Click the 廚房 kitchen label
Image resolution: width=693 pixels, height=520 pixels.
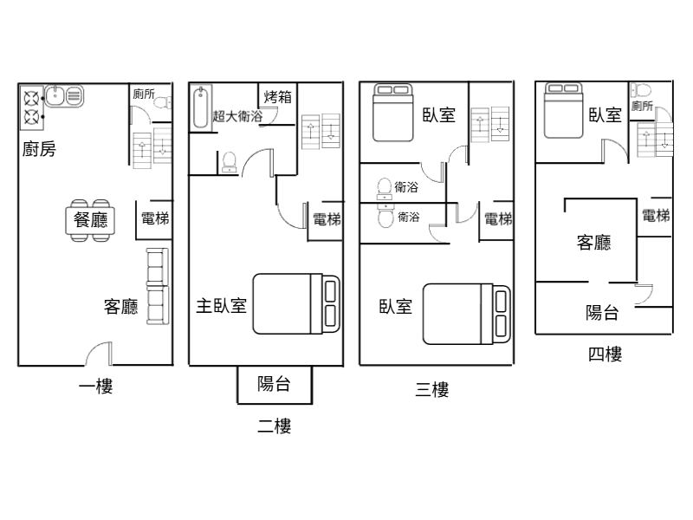click(39, 149)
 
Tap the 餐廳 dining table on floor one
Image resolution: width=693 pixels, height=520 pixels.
click(90, 220)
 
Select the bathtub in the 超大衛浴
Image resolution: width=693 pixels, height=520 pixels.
click(201, 107)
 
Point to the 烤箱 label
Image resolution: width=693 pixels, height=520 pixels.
click(278, 97)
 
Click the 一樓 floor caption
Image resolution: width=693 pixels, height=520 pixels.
click(96, 387)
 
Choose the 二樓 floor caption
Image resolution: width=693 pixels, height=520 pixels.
click(275, 426)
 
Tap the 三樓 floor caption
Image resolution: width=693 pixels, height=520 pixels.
click(432, 389)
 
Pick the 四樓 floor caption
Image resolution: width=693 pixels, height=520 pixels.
click(605, 354)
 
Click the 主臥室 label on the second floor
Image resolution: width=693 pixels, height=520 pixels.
click(222, 306)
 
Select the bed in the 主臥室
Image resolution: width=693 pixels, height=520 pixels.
click(296, 304)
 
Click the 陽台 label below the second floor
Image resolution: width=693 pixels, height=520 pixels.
click(274, 384)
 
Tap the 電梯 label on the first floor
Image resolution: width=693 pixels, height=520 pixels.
click(155, 218)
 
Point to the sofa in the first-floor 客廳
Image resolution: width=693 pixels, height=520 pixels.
click(158, 287)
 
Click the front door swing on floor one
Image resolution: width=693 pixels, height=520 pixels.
click(99, 354)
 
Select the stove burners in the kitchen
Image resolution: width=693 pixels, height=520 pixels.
click(32, 107)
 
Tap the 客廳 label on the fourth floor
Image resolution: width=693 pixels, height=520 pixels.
click(593, 243)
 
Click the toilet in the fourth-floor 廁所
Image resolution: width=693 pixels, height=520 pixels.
click(641, 91)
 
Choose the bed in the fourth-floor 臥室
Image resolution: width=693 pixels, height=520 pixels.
click(564, 111)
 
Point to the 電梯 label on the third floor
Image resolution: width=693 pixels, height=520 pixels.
click(498, 219)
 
